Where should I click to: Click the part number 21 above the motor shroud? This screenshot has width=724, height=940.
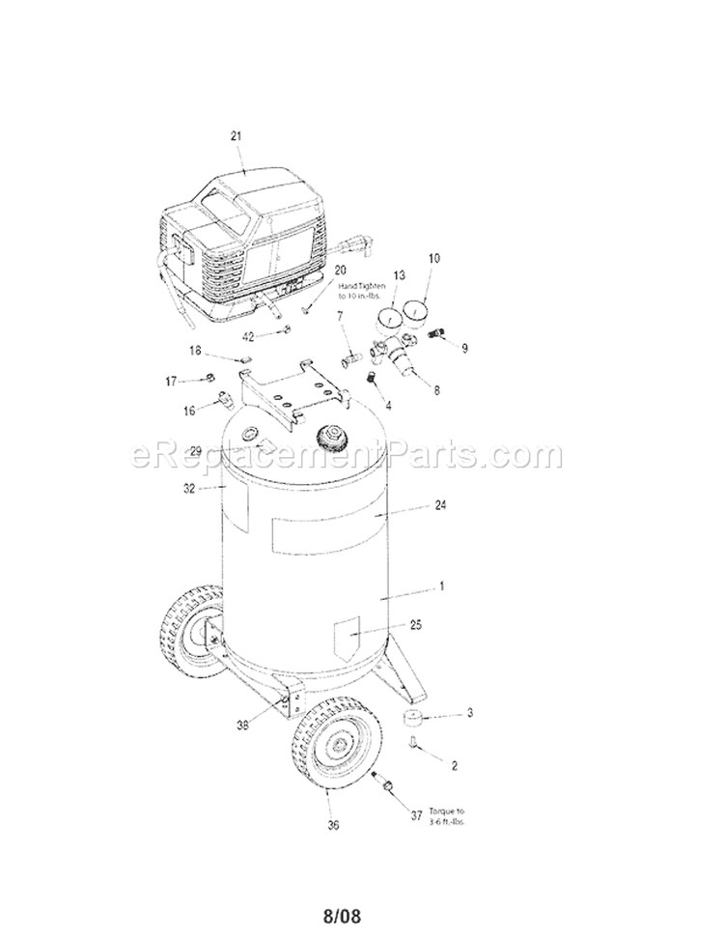236,136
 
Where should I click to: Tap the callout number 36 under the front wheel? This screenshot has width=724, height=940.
334,825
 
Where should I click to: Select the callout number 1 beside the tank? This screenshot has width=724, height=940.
441,586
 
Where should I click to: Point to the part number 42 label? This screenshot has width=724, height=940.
249,336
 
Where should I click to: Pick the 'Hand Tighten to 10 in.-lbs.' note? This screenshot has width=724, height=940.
362,291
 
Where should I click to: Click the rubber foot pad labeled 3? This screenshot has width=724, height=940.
416,719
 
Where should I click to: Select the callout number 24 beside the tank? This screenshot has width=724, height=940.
441,505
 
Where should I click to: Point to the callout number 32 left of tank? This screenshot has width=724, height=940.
190,489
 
